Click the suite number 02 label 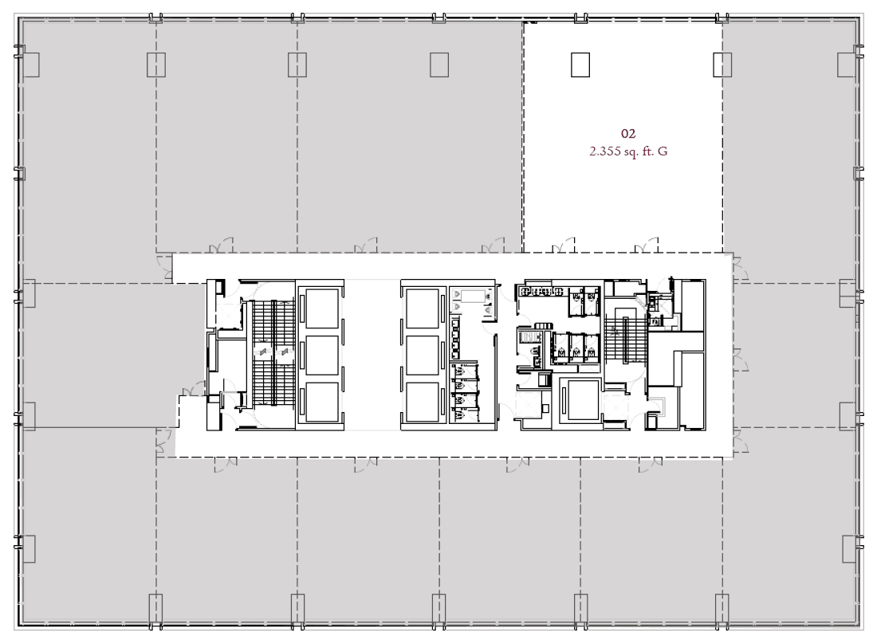coord(628,134)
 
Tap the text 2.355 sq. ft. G coord(628,151)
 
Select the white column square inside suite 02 coord(580,65)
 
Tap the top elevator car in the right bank coord(423,308)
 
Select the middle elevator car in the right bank coord(423,355)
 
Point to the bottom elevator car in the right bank coord(423,402)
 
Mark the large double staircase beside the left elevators coord(273,352)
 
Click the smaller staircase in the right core coord(625,339)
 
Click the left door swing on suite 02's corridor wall coord(563,245)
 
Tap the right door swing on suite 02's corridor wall coord(647,245)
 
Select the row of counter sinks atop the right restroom coord(539,291)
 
